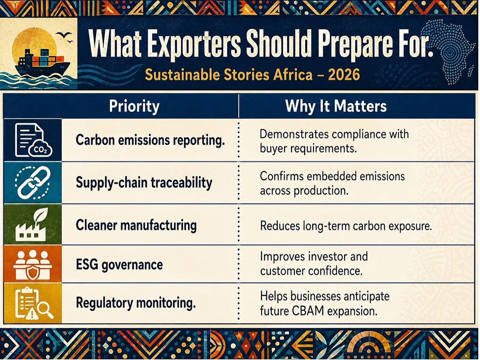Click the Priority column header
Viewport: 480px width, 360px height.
[x=134, y=106]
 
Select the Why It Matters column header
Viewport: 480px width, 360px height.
[x=336, y=106]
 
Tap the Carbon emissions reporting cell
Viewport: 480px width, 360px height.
[x=150, y=140]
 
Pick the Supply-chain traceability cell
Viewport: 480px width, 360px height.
[x=144, y=183]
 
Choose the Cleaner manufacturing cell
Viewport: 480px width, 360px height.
[x=136, y=225]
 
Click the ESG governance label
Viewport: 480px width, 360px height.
[x=119, y=265]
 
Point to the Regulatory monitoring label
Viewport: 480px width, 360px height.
[x=136, y=303]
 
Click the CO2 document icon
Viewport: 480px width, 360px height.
[x=33, y=140]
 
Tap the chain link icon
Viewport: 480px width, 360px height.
[x=33, y=182]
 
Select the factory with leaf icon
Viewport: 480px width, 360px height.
[x=31, y=224]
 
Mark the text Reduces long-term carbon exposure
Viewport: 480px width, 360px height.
[x=346, y=226]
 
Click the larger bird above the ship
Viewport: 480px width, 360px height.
[x=63, y=35]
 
